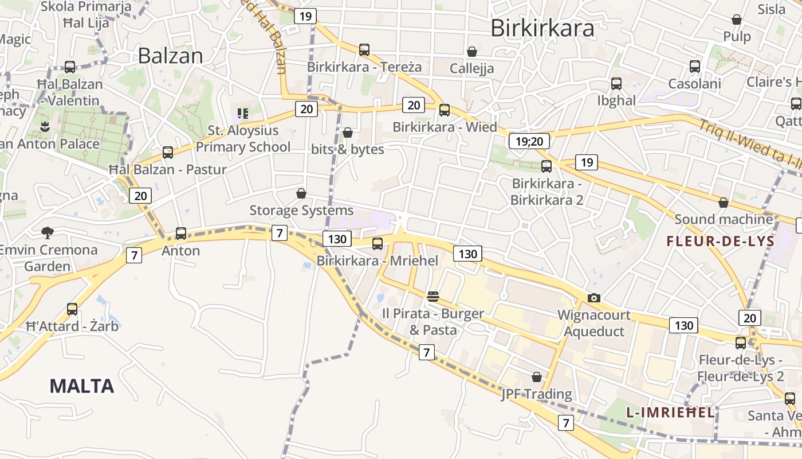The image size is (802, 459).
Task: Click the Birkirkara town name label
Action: tap(542, 27)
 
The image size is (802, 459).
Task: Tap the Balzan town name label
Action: tap(170, 56)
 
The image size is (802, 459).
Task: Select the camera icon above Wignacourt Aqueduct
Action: tap(594, 298)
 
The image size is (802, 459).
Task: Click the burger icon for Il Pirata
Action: tap(433, 297)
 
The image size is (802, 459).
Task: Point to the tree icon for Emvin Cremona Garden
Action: tap(48, 232)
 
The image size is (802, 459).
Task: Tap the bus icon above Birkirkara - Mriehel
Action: tap(378, 243)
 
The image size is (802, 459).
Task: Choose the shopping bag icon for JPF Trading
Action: tap(537, 377)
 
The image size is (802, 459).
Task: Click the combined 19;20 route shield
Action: tap(529, 141)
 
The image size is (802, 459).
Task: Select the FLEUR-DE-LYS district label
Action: tap(720, 241)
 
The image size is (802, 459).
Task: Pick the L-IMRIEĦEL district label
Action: tap(670, 412)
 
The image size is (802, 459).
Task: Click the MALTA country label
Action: tap(82, 386)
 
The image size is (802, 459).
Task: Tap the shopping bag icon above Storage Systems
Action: tap(301, 193)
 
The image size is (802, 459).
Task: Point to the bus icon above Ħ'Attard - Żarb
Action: tap(72, 309)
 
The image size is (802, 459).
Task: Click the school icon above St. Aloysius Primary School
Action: tap(243, 113)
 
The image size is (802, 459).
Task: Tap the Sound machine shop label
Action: tap(724, 219)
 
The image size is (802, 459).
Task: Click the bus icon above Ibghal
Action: tap(616, 84)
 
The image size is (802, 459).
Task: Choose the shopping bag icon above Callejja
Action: tap(472, 52)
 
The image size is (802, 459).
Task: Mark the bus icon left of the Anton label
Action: tap(181, 234)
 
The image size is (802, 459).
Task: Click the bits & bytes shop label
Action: tap(347, 149)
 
